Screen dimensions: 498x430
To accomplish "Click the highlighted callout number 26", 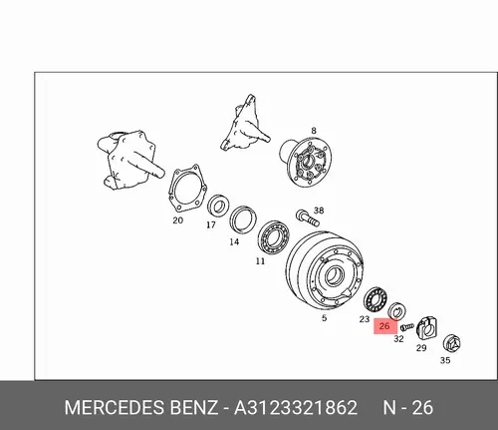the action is (x=384, y=326).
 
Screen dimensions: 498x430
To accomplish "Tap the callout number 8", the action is (x=314, y=131).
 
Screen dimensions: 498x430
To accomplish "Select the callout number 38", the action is (x=319, y=211).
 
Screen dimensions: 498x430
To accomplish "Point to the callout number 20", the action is (x=178, y=220).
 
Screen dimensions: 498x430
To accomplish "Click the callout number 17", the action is (x=211, y=225).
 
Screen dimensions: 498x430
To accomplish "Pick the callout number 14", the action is (x=234, y=241).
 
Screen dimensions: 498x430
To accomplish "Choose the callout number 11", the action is (x=261, y=261).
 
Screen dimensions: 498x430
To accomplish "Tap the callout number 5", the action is (x=324, y=318).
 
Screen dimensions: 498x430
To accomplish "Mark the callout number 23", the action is (x=365, y=319).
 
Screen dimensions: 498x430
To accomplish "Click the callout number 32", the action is (x=398, y=339).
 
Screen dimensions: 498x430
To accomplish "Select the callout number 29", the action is (x=421, y=348).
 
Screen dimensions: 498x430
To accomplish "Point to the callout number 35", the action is (x=445, y=360).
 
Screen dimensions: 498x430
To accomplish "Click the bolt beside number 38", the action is (x=308, y=217).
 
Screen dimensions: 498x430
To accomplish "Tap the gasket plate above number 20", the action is (x=187, y=188).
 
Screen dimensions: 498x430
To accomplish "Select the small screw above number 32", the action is (x=407, y=326).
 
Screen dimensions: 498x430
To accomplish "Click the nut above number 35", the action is (x=452, y=344).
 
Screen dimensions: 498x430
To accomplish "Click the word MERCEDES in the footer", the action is (x=115, y=408).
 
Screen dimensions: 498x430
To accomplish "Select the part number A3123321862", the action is (x=296, y=408).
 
